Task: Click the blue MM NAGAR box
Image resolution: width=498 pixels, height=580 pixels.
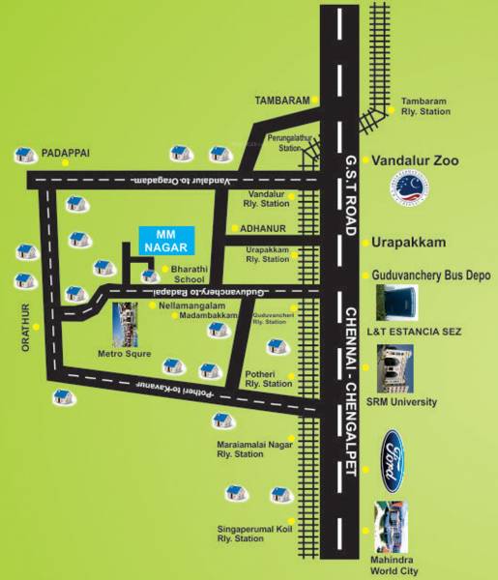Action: [x=166, y=238]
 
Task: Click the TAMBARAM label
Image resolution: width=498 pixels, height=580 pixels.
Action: [x=281, y=100]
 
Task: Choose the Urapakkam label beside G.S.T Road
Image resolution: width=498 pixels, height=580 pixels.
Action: [x=411, y=242]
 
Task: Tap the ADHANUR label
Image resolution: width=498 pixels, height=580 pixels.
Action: [x=265, y=229]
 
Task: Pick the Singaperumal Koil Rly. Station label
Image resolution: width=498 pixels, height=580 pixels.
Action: [x=254, y=533]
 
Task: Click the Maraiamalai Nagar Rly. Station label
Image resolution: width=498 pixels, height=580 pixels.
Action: [x=253, y=449]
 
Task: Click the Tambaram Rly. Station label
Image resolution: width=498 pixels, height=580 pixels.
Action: [x=425, y=106]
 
